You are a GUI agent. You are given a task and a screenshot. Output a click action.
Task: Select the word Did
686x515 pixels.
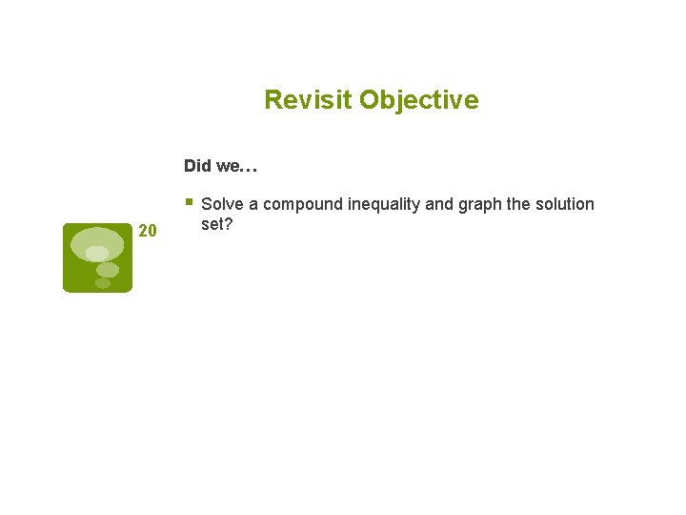197,166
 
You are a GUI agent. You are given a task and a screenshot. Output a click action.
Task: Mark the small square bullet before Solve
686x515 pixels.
191,202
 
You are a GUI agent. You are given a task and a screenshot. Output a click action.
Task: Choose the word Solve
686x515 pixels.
222,204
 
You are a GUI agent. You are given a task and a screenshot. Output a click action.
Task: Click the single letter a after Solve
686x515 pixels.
253,204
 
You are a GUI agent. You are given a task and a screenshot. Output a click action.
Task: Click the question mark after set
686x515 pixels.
231,224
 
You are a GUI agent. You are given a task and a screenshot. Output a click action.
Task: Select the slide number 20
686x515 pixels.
147,230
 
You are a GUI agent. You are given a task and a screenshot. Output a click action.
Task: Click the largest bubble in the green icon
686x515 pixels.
96,242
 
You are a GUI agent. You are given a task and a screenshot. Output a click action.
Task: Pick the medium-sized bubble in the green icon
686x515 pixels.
107,270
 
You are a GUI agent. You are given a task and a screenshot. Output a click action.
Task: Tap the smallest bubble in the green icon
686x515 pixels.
102,283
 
